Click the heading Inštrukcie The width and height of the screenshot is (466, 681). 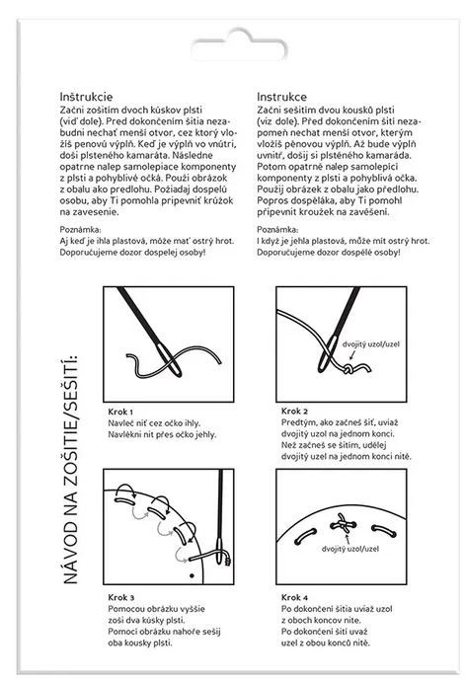point(86,97)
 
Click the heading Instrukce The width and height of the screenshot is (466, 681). point(281,97)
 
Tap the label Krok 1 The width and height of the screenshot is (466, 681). point(120,412)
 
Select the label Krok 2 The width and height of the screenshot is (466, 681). point(294,411)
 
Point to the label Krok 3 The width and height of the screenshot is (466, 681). point(121,598)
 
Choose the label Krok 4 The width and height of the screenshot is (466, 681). point(294,598)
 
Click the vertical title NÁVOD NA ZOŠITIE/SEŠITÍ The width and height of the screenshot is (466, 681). point(71,470)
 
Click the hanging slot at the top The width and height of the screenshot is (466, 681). point(239,46)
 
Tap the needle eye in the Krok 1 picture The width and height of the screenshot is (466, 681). point(170,359)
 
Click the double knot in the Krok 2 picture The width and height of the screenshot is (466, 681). point(348,370)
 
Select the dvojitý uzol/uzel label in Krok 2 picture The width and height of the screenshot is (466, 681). point(371,344)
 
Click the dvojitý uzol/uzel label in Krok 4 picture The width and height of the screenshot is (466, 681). point(350,549)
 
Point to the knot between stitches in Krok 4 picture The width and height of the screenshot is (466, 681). point(344,525)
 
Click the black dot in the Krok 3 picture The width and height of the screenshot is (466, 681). point(192,576)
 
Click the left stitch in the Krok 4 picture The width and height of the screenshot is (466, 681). point(305,536)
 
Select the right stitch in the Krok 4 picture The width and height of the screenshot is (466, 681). point(384,530)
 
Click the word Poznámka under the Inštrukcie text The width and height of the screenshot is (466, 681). point(80,229)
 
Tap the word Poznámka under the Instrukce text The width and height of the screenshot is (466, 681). point(277,229)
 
